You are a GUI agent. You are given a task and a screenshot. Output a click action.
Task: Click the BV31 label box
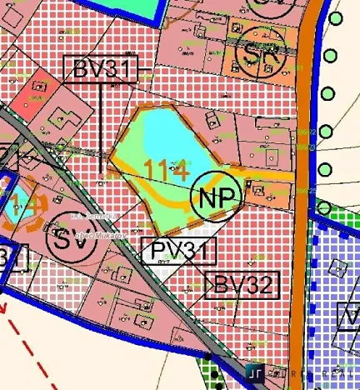(103, 69)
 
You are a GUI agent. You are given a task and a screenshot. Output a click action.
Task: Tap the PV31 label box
(178, 251)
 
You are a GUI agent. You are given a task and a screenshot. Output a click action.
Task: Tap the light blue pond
(170, 133)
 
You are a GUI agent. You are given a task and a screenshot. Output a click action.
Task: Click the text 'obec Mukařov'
(97, 236)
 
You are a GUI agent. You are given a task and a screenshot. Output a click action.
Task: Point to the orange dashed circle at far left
(18, 204)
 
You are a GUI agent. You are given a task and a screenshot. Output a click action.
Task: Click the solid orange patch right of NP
(262, 192)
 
